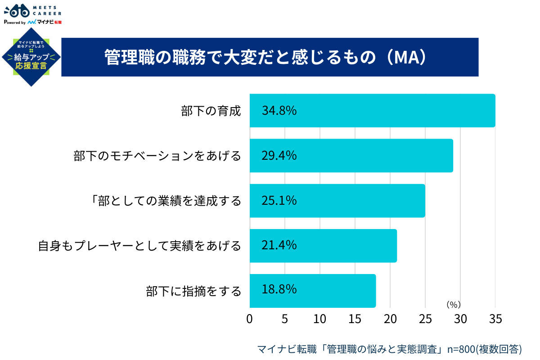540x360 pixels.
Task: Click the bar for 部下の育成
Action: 372,111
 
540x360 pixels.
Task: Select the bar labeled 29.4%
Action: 351,156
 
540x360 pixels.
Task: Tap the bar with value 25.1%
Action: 337,201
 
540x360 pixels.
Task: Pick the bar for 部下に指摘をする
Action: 312,291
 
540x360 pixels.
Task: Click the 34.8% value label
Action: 279,111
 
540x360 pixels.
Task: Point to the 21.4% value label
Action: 279,245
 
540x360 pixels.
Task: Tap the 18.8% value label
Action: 279,289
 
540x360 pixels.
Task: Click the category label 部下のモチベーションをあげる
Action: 157,156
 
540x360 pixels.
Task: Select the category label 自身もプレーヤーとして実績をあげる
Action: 139,246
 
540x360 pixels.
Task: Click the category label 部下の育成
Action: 211,111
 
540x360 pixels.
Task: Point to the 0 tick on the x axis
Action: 250,319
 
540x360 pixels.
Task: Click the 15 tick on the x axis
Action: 355,319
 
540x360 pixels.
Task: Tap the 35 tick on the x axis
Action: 495,319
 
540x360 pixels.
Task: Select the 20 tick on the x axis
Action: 390,319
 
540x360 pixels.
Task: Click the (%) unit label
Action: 453,305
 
